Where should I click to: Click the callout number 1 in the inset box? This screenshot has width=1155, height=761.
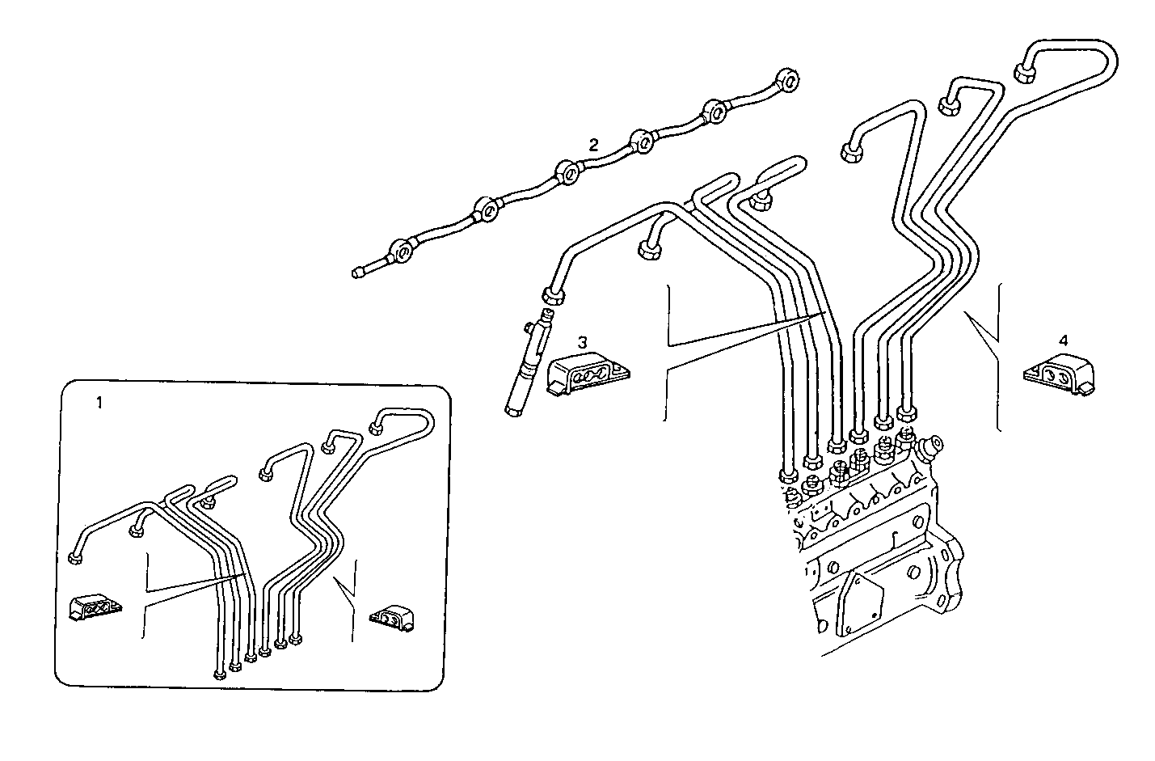pyautogui.click(x=99, y=402)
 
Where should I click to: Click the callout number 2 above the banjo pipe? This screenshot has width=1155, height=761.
pyautogui.click(x=593, y=145)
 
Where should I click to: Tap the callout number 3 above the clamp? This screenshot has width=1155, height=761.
pyautogui.click(x=581, y=342)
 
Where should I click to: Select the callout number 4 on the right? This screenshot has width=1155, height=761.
pyautogui.click(x=1064, y=340)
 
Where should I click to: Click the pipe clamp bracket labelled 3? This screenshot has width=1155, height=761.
pyautogui.click(x=586, y=375)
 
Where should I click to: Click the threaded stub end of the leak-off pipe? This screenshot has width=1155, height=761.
pyautogui.click(x=359, y=273)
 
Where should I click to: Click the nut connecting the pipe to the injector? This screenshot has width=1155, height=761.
pyautogui.click(x=554, y=295)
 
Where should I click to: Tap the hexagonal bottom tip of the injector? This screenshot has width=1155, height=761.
pyautogui.click(x=512, y=412)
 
